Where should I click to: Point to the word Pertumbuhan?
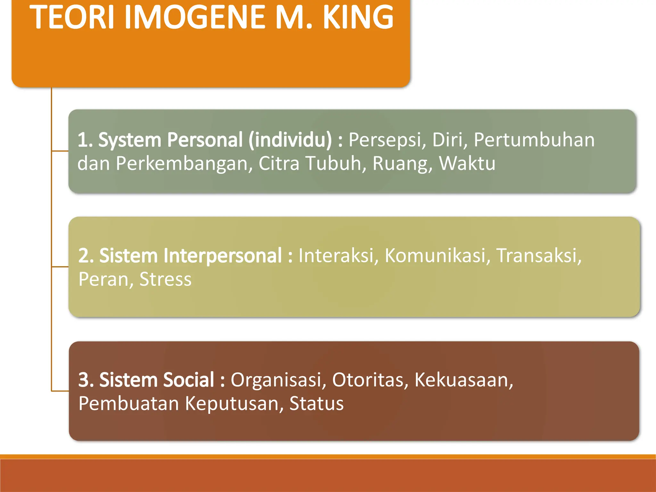click(x=534, y=140)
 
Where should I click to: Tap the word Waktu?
click(x=467, y=163)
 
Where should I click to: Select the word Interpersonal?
click(x=191, y=256)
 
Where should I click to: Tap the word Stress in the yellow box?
click(x=165, y=279)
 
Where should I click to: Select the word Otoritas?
click(x=370, y=380)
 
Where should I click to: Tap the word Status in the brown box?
click(x=316, y=403)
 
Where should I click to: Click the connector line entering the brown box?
click(x=60, y=391)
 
